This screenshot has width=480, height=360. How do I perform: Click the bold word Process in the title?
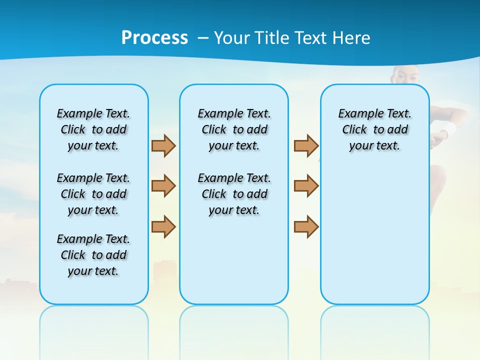pyautogui.click(x=154, y=38)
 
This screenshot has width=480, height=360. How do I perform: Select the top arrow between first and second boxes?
pyautogui.click(x=163, y=145)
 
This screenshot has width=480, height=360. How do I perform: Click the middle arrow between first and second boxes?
pyautogui.click(x=163, y=186)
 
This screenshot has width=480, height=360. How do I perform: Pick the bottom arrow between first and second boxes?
pyautogui.click(x=163, y=226)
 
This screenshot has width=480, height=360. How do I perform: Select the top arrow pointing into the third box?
pyautogui.click(x=306, y=145)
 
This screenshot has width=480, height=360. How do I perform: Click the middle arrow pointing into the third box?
pyautogui.click(x=306, y=186)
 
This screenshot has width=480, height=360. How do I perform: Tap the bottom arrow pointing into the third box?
pyautogui.click(x=306, y=226)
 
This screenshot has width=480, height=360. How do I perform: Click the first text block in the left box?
pyautogui.click(x=93, y=129)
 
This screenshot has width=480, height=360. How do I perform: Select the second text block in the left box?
pyautogui.click(x=93, y=194)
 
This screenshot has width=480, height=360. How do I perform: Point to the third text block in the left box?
pyautogui.click(x=93, y=255)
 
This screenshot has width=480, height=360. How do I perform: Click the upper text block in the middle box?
pyautogui.click(x=234, y=129)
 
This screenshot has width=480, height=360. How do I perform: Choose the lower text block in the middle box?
pyautogui.click(x=234, y=194)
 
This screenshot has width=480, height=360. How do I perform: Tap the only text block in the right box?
pyautogui.click(x=374, y=129)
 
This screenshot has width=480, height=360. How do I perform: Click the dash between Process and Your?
pyautogui.click(x=203, y=38)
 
